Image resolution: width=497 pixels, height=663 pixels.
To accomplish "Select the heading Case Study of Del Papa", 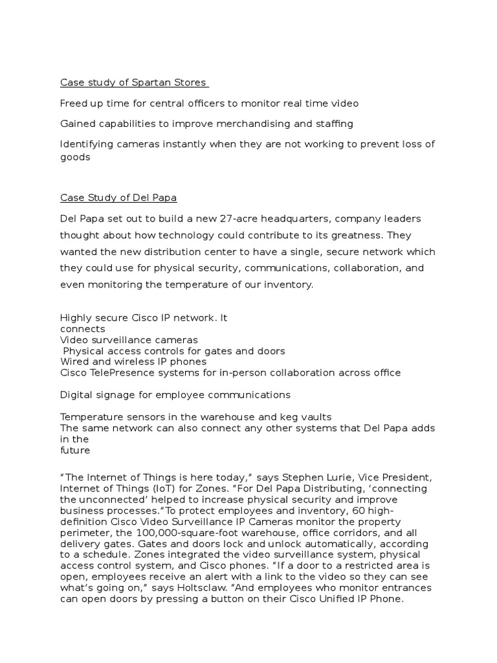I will [118, 197].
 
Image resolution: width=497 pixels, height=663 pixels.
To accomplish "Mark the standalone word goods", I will [74, 156].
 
